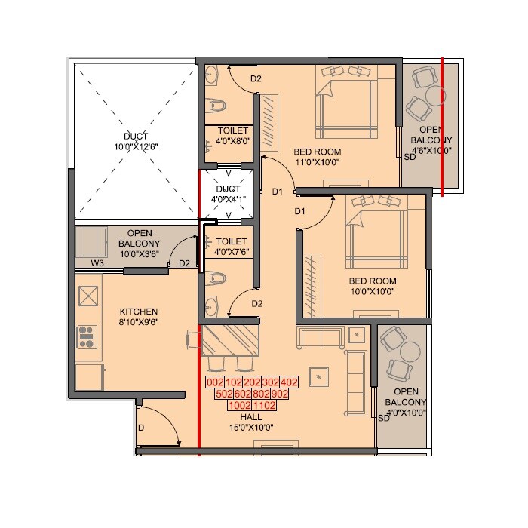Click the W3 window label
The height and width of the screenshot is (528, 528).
pos(97,263)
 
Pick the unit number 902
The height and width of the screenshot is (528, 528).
pos(280,394)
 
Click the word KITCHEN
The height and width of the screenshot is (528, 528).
pos(139,312)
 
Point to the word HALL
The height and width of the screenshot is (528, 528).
pos(251,416)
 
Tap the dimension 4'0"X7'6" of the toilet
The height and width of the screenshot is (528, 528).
pos(232,252)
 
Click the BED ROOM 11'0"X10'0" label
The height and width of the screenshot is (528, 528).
pos(317,156)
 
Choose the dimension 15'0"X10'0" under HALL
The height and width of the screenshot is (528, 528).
pos(251,428)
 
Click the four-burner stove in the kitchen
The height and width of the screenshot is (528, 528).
pos(87,336)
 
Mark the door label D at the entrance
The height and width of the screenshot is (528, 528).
pos(140,428)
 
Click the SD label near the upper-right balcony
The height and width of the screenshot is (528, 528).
pos(410,157)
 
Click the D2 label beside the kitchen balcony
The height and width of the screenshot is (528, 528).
pos(184,263)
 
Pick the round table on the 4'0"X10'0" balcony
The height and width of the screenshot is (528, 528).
pos(410,351)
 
